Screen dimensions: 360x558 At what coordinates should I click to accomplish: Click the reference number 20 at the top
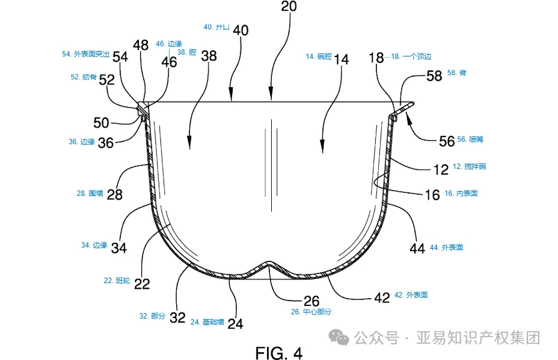pos(289,7)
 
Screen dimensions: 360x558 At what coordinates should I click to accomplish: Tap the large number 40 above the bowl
pos(241,30)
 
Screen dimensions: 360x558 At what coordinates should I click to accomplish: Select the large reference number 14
pos(342,59)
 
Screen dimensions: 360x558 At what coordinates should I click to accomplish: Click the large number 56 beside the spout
pos(447,140)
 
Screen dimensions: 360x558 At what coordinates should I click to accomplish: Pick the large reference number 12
pos(441,169)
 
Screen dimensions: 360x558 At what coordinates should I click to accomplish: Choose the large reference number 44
pos(418,248)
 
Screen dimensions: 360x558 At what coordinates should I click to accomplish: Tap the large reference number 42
pos(382,297)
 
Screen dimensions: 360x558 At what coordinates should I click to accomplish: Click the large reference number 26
pos(311,301)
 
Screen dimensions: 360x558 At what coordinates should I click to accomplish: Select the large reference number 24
pos(236,323)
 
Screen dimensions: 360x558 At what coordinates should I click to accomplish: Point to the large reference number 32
pos(177,318)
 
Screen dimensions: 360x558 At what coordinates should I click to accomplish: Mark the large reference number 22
pos(142,284)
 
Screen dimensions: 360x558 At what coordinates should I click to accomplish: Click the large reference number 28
pos(115,195)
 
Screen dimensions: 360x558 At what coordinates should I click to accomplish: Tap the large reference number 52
pos(107,79)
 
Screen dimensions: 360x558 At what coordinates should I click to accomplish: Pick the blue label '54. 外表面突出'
pos(85,54)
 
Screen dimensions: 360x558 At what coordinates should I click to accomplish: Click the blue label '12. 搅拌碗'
pos(469,166)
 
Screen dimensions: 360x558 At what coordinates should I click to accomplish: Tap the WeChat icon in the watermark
pos(343,338)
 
